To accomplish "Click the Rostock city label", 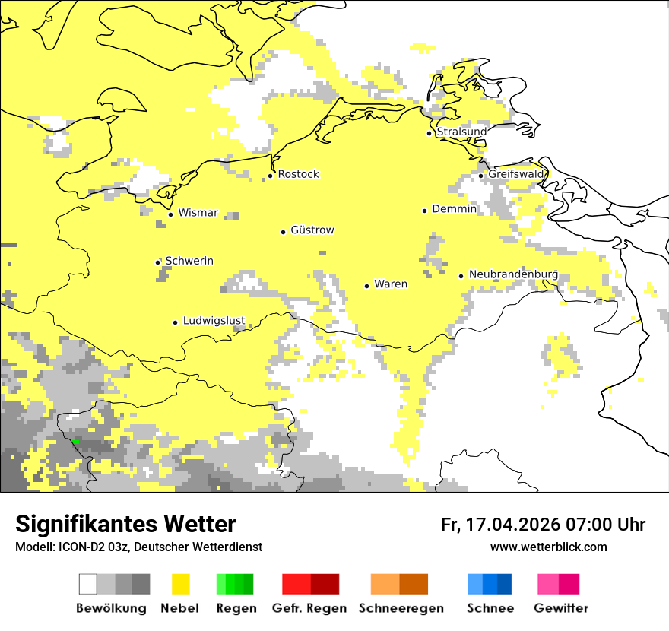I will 298,174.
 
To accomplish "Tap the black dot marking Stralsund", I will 429,133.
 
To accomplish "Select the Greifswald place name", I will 515,174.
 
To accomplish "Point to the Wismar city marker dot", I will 170,214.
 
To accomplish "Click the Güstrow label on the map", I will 312,230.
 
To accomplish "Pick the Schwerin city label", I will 189,261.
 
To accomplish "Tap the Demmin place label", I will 454,209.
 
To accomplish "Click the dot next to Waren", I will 366,286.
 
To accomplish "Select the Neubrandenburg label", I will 513,274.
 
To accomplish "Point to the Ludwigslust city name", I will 214,321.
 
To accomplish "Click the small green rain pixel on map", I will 76,442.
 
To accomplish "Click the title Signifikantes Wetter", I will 125,525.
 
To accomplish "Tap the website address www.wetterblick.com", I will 548,547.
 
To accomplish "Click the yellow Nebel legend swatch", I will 181,584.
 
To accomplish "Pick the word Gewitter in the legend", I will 560,608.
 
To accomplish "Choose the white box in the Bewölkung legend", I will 88,584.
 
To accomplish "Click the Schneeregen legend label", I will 401,608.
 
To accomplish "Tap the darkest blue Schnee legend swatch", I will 505,584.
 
